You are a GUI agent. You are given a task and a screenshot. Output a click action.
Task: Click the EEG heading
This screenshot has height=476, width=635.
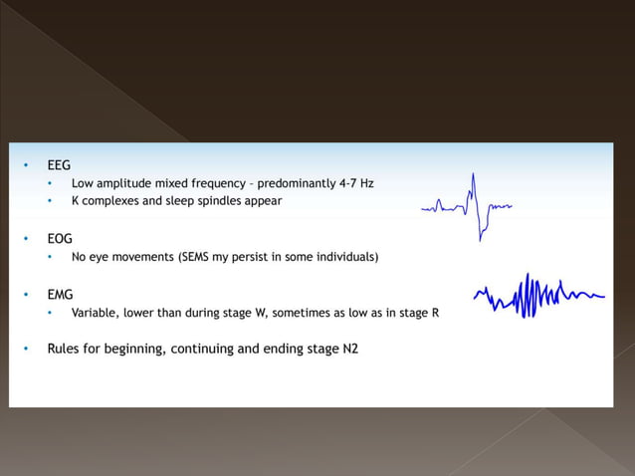[x=59, y=165]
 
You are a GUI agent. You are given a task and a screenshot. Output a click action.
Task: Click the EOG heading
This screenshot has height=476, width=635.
[x=60, y=239]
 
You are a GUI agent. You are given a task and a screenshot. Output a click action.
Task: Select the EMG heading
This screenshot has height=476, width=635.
[x=60, y=295]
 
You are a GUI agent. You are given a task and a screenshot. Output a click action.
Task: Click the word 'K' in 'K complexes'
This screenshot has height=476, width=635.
[x=75, y=200]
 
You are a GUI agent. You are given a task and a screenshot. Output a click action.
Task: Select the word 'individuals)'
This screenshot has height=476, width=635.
[x=344, y=257]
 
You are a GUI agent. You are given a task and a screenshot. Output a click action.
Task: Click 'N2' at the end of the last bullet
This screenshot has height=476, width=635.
[x=349, y=350]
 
